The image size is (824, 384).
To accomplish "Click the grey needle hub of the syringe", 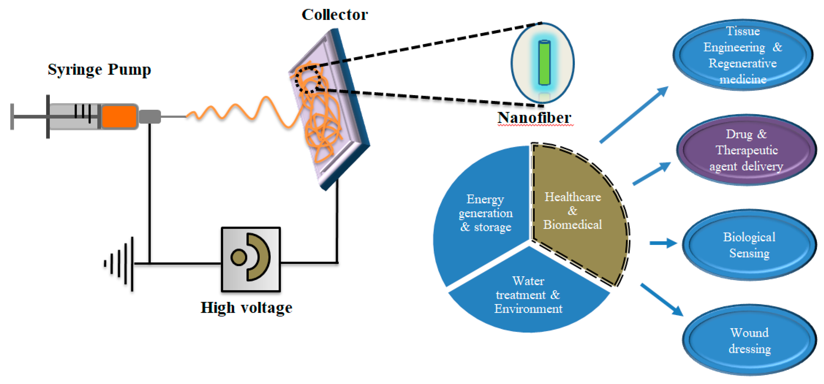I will point(150,116).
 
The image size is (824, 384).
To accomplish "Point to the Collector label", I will point(334,15).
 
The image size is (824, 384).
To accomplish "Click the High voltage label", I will point(246,308).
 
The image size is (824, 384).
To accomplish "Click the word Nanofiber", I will point(534,118).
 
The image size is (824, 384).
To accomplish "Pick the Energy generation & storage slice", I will point(483,214).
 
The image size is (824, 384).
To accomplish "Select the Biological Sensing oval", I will point(749,245).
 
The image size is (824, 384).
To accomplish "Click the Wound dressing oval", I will point(749,340).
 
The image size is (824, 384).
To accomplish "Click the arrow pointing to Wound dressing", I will point(662,299).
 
